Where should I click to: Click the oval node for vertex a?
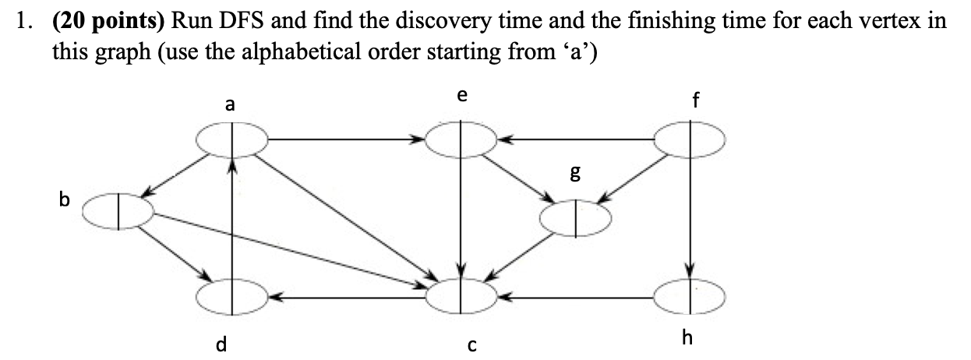231,140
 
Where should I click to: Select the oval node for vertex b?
118,211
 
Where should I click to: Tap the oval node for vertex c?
462,295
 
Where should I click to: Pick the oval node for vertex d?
231,296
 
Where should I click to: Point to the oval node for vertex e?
462,140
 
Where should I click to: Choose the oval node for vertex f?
690,140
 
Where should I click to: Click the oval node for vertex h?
690,295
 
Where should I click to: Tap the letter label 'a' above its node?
230,105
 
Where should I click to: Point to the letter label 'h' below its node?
686,337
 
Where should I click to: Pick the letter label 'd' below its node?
221,343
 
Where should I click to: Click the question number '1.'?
26,22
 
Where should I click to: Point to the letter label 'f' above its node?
696,101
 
